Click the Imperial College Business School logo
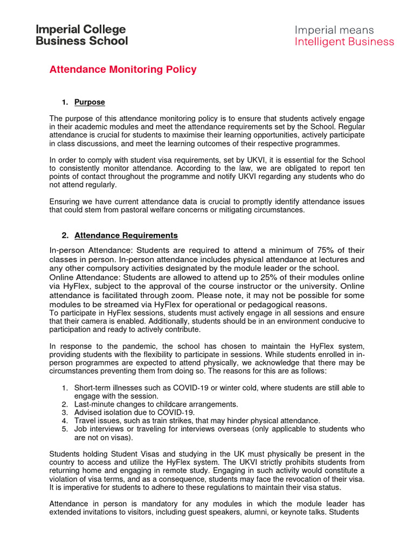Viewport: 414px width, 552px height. [81, 35]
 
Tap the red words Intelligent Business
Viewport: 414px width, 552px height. [344, 42]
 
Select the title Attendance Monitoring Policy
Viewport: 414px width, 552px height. [123, 70]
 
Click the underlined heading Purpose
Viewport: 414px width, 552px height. [89, 102]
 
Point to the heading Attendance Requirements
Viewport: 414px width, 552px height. [126, 236]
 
